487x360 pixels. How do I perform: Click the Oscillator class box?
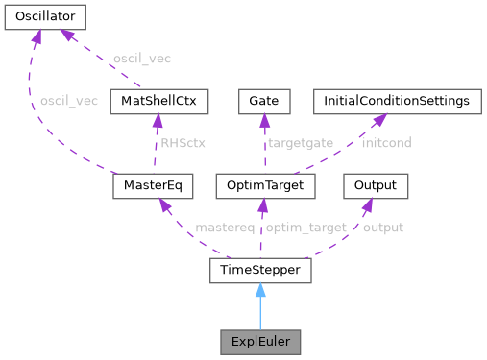click(x=45, y=16)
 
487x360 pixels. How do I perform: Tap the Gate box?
click(x=263, y=100)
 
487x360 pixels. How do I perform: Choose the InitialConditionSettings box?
click(x=396, y=100)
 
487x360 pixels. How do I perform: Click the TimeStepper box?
click(x=260, y=272)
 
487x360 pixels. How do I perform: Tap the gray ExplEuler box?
click(x=260, y=341)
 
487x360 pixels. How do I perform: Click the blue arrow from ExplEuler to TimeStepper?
click(x=260, y=306)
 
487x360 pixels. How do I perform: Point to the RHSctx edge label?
click(x=183, y=142)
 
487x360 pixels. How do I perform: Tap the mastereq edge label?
click(x=225, y=228)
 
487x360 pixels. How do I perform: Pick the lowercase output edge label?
click(x=382, y=228)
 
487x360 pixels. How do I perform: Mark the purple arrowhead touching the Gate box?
click(x=264, y=120)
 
